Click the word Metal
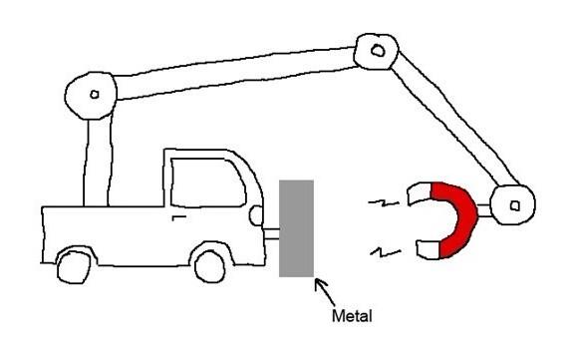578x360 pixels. tap(352, 316)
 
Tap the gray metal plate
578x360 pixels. tap(296, 228)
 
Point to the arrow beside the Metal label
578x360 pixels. tap(325, 292)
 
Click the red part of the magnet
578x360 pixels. tap(456, 219)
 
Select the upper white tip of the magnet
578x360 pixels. tap(420, 193)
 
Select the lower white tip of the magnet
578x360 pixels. tap(429, 249)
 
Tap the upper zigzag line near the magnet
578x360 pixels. tap(384, 202)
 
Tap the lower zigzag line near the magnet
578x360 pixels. tap(386, 252)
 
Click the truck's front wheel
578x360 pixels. tap(209, 266)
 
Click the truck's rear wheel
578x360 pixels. tap(74, 267)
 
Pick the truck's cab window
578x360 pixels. tap(207, 182)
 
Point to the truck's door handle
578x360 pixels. tap(178, 217)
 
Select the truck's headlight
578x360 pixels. tap(256, 215)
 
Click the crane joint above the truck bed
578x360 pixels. tap(91, 96)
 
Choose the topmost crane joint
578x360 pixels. tap(377, 51)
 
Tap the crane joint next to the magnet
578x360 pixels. tap(513, 205)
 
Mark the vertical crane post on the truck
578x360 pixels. tap(97, 163)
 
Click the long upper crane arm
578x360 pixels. tap(236, 73)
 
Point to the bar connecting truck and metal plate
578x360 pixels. tap(272, 234)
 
